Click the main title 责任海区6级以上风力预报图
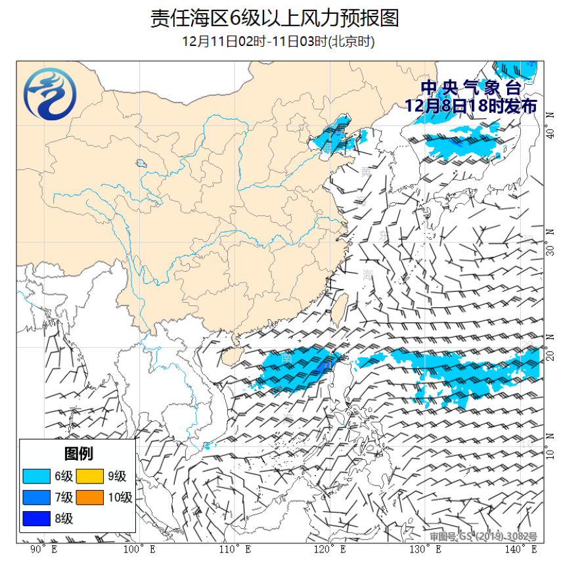tap(275, 18)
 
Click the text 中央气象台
tap(470, 87)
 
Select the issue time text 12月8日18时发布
tap(470, 106)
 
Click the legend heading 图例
tap(78, 453)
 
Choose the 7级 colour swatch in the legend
tap(35, 497)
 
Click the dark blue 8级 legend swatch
tap(35, 518)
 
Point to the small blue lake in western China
tap(141, 163)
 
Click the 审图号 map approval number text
tap(483, 537)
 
